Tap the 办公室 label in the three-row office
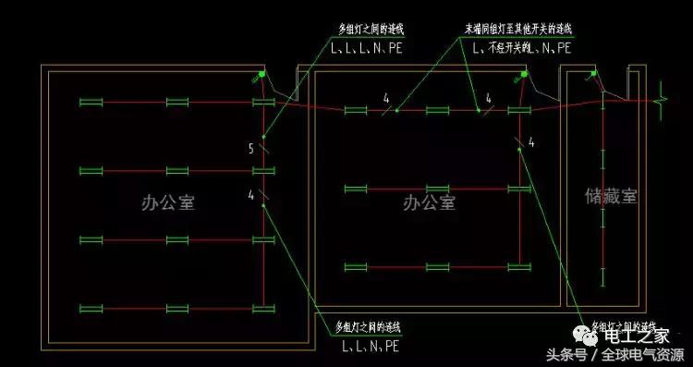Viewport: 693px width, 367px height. pos(429,202)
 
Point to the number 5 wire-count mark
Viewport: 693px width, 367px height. pos(250,148)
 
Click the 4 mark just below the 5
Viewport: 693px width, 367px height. pos(250,194)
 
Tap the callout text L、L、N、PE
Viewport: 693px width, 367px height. pos(370,347)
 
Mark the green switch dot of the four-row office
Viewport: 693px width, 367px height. pos(262,75)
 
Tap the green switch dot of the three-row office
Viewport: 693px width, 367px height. pos(524,75)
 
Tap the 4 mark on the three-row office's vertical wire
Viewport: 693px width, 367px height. pos(531,142)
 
